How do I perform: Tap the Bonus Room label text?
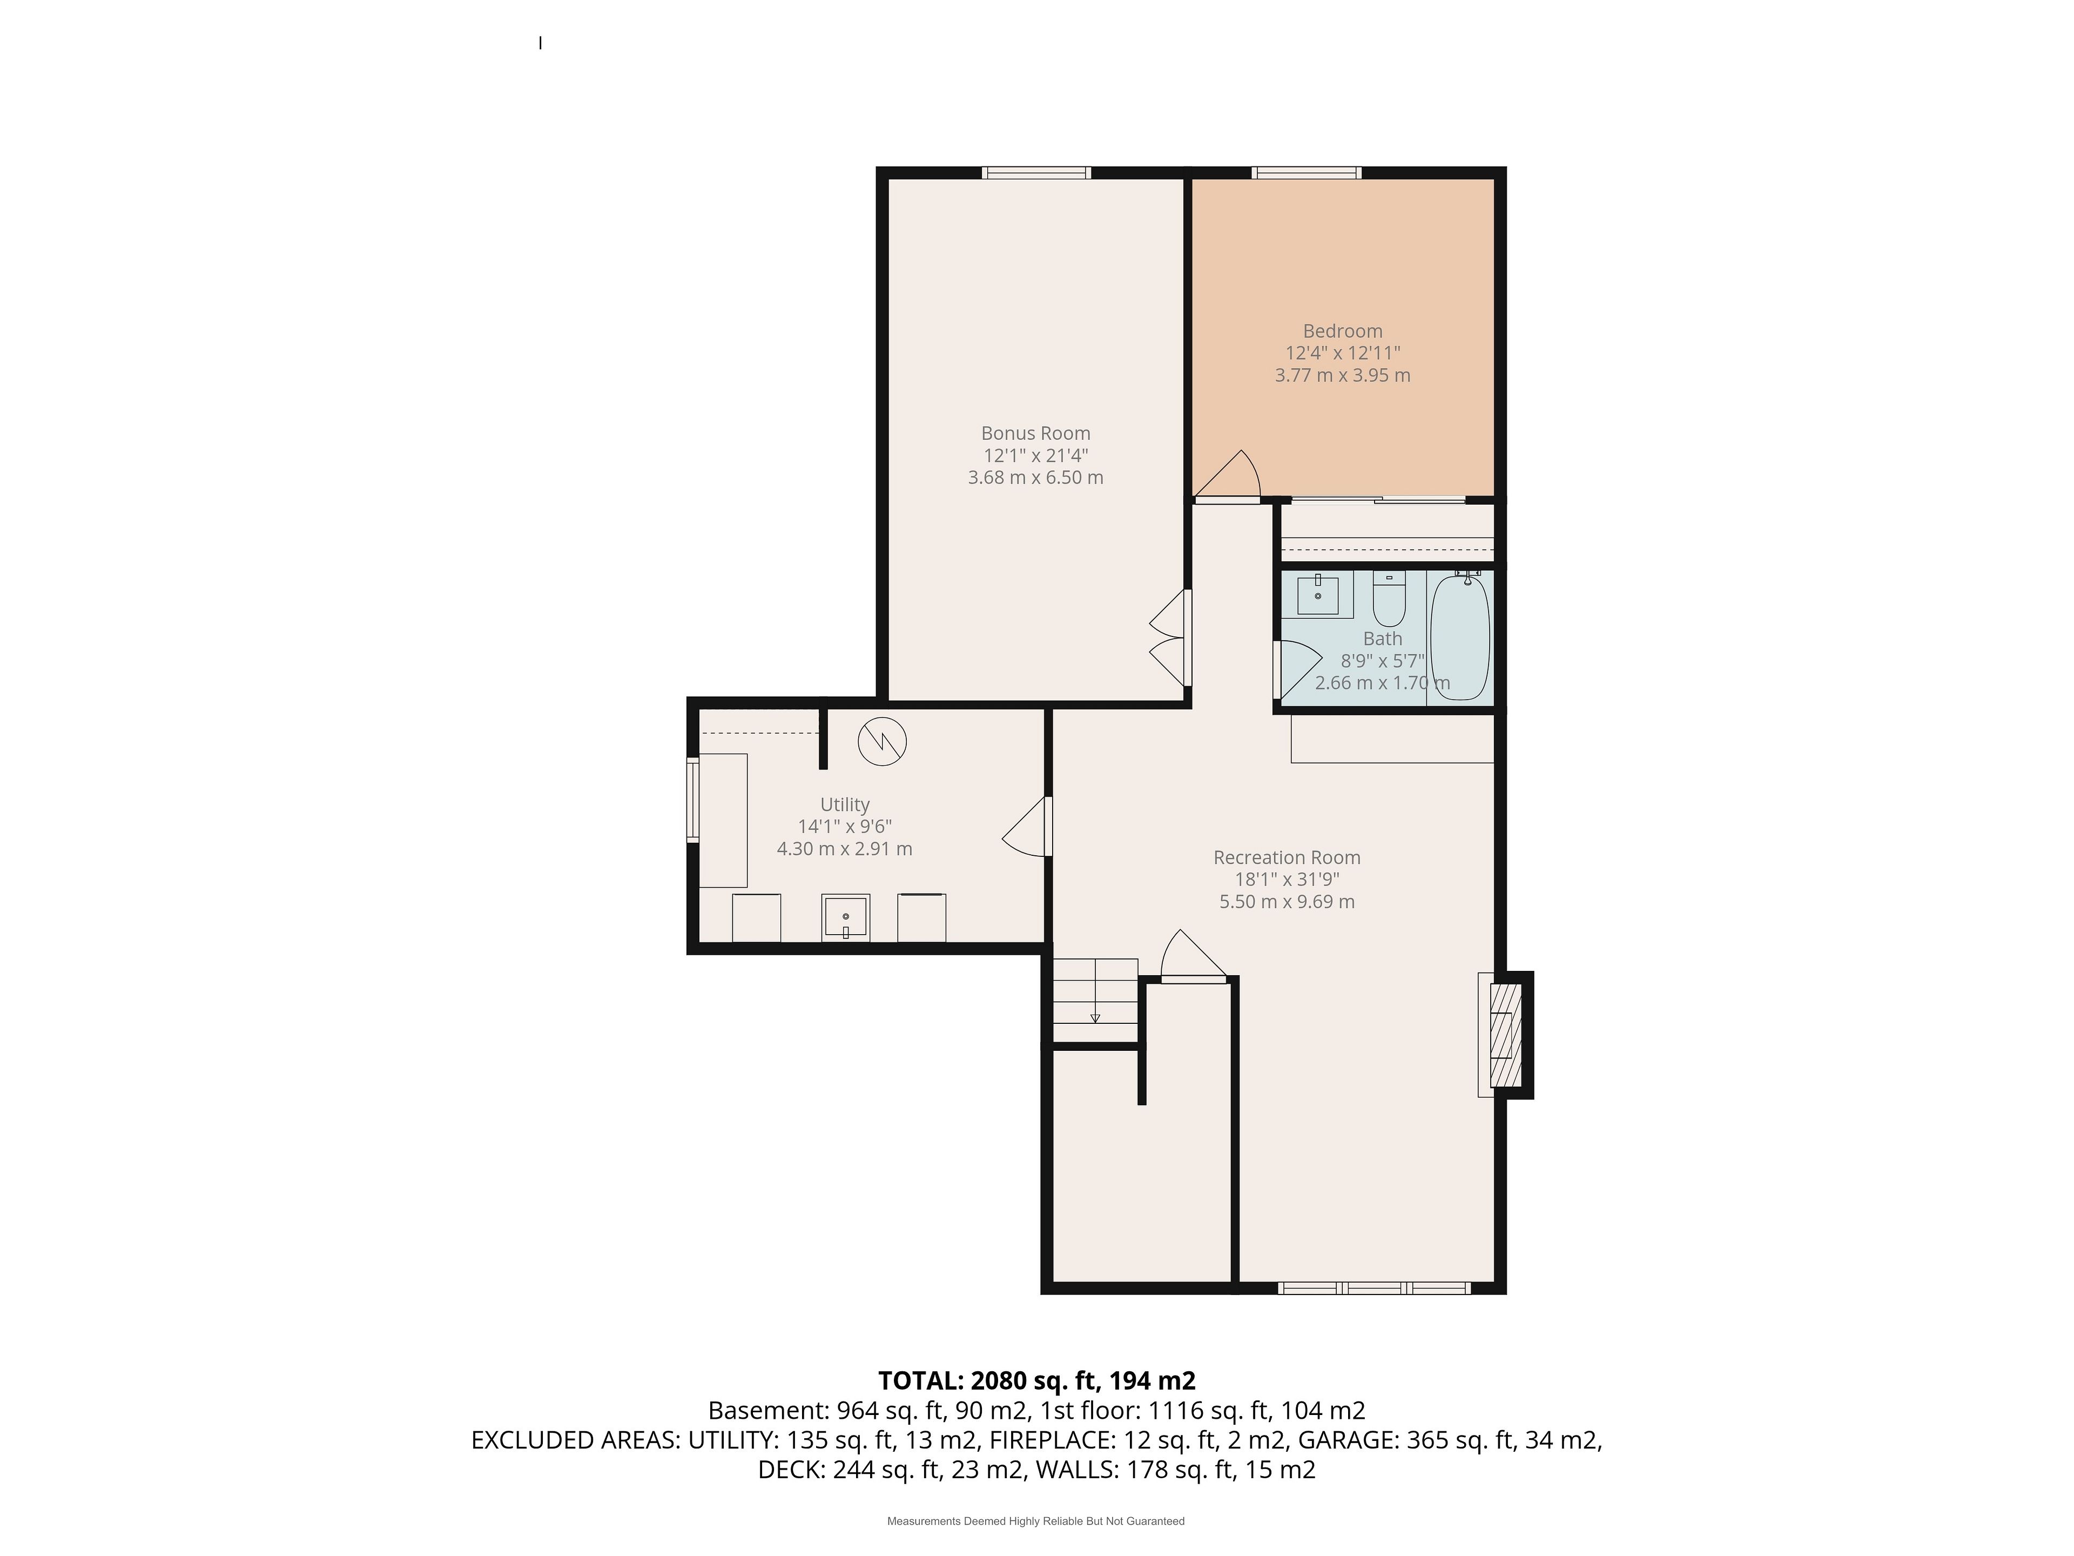point(1035,433)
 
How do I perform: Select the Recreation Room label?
point(1287,857)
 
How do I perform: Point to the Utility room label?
point(845,804)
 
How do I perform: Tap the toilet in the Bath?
point(1389,598)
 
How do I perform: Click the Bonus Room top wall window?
point(1036,172)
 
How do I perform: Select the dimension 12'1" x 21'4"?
point(1035,456)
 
